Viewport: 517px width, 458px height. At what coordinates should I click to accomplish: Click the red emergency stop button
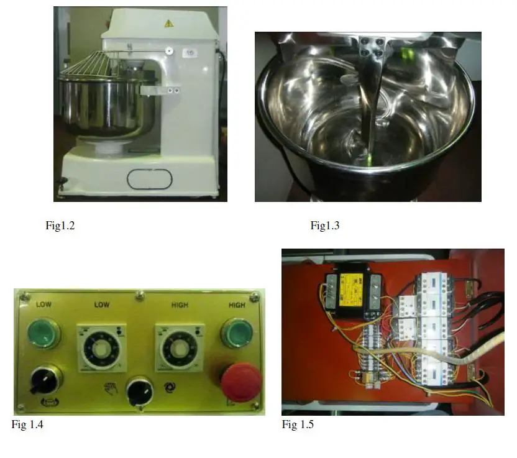point(240,382)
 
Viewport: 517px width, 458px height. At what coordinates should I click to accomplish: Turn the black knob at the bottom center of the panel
point(139,392)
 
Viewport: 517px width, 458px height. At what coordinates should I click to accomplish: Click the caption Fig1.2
point(60,226)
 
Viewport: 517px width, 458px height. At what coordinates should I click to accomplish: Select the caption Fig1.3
point(325,226)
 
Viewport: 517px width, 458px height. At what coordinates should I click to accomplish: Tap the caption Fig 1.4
point(27,424)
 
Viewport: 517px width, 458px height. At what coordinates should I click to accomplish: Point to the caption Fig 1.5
point(298,424)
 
